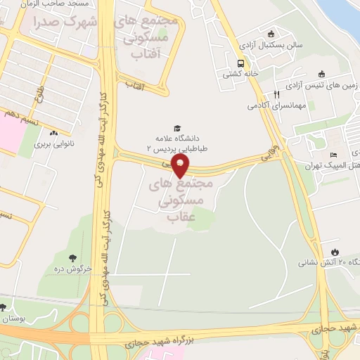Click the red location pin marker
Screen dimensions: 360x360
(181, 165)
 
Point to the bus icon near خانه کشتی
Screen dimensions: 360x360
(241, 61)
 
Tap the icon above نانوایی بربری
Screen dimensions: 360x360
(53, 133)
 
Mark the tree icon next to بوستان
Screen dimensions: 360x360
(3, 307)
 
